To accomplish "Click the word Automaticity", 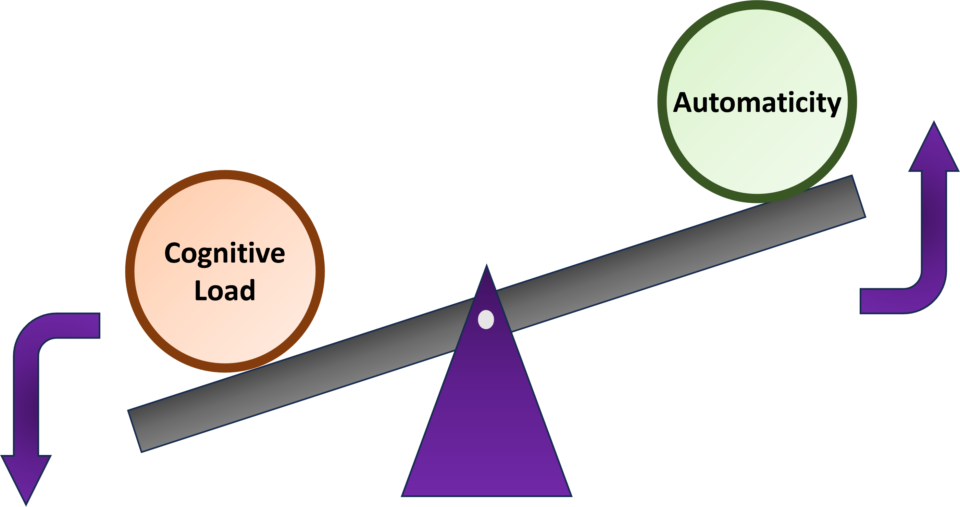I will pyautogui.click(x=757, y=102).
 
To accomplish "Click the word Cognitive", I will pyautogui.click(x=225, y=253).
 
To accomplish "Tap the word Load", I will pyautogui.click(x=225, y=291).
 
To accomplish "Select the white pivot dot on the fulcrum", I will pyautogui.click(x=486, y=319).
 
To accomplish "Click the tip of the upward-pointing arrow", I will pyautogui.click(x=934, y=123).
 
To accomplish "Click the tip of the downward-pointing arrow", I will pyautogui.click(x=26, y=504).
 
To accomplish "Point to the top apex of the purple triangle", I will pyautogui.click(x=486, y=265).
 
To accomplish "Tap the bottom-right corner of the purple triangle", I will pyautogui.click(x=571, y=495).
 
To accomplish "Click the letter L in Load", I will pyautogui.click(x=200, y=290).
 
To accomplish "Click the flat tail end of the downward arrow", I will pyautogui.click(x=98, y=326).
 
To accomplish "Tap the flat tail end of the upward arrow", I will pyautogui.click(x=862, y=301).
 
